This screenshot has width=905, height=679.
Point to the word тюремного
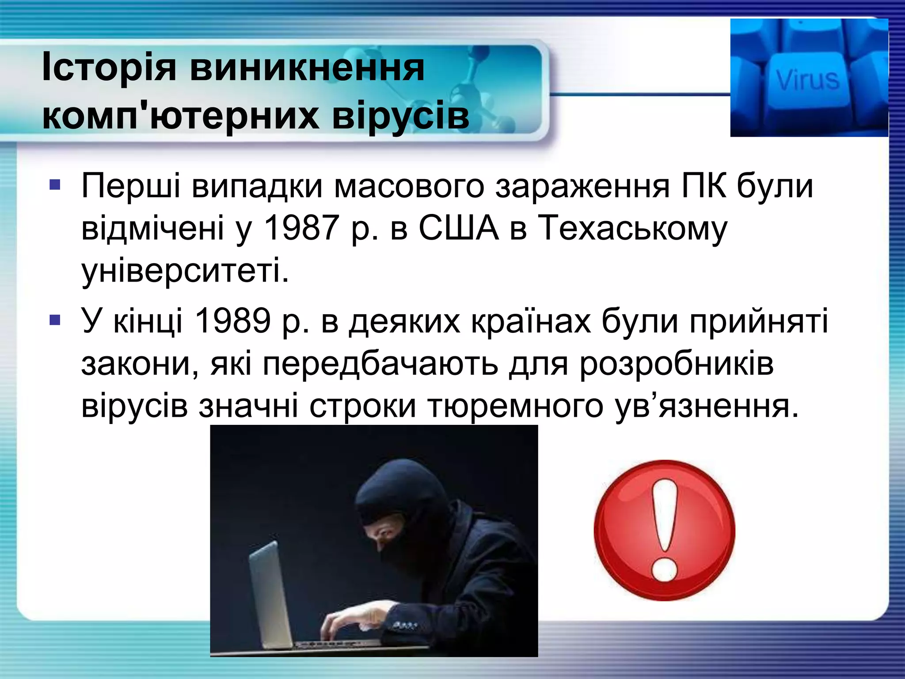coord(515,406)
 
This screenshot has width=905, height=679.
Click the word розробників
coord(677,364)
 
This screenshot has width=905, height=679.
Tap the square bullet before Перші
coord(55,184)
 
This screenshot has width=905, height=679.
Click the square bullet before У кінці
coord(55,319)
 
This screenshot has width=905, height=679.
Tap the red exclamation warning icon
coord(664,530)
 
